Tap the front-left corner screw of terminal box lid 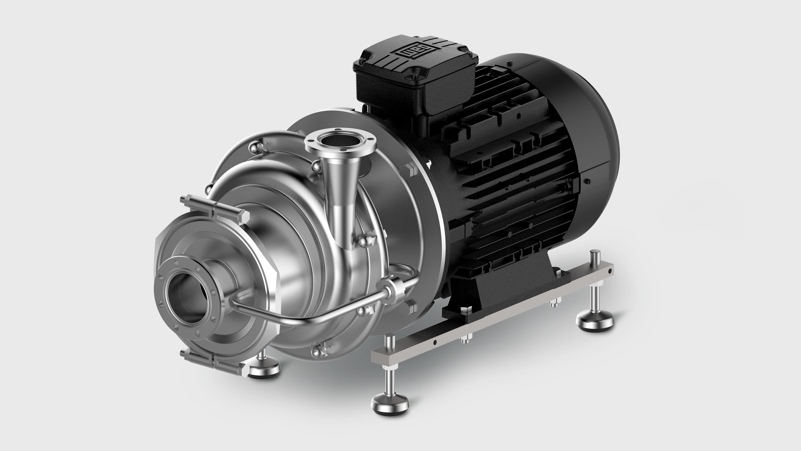point(364,74)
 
